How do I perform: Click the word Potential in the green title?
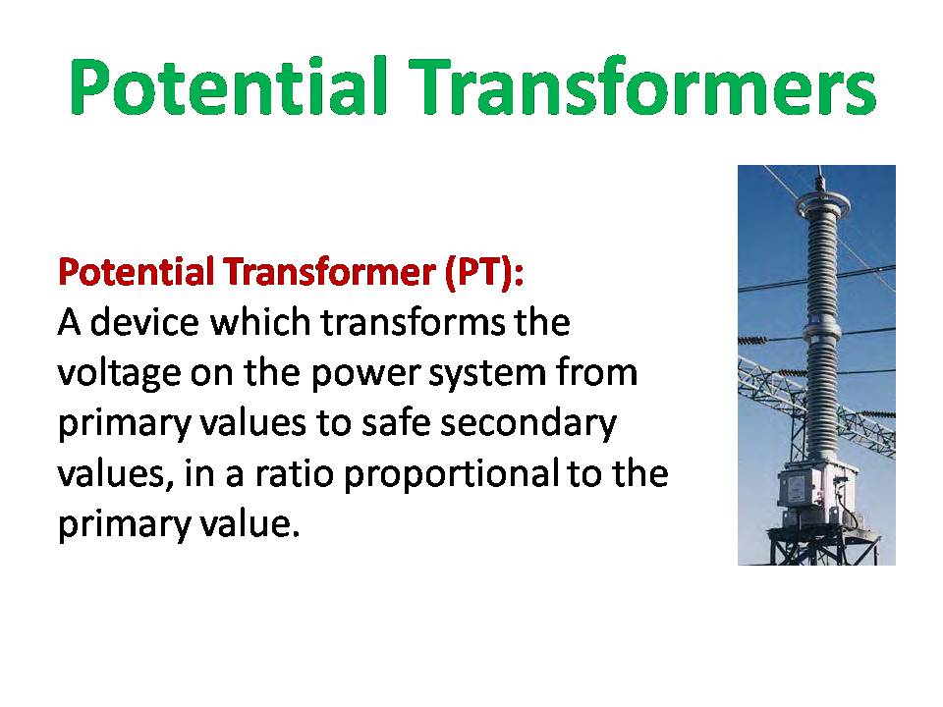pyautogui.click(x=228, y=85)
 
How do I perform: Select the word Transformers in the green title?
pyautogui.click(x=643, y=85)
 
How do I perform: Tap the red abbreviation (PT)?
pyautogui.click(x=484, y=273)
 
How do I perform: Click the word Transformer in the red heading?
pyautogui.click(x=330, y=272)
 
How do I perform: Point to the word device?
pyautogui.click(x=144, y=322)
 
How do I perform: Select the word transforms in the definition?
pyautogui.click(x=414, y=322)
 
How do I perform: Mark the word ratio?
pyautogui.click(x=294, y=473)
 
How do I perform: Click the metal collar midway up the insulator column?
pyautogui.click(x=820, y=333)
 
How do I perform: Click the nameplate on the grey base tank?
pyautogui.click(x=797, y=489)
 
